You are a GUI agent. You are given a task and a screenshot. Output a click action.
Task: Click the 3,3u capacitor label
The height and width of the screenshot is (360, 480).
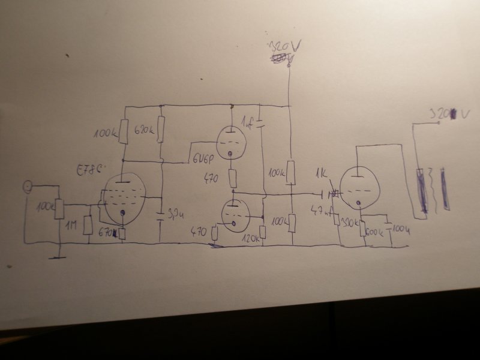[x=175, y=213]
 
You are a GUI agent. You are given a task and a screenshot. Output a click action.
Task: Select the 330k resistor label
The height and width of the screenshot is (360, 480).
[x=349, y=223]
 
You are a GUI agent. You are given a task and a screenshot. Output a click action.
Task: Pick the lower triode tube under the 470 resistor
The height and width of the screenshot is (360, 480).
[x=234, y=213]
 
